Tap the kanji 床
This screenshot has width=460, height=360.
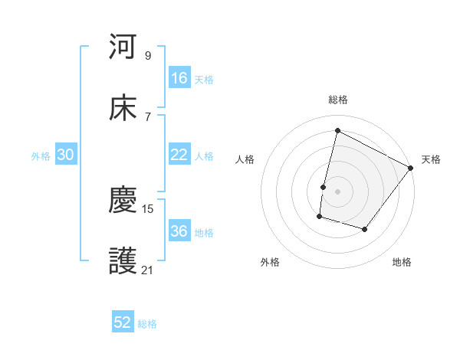[x=123, y=108]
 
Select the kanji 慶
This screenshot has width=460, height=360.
[x=123, y=201]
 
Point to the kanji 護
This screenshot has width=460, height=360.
[x=123, y=263]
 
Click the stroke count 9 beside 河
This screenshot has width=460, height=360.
[x=148, y=55]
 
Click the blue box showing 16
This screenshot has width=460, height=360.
[x=179, y=78]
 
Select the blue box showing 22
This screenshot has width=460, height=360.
[x=179, y=155]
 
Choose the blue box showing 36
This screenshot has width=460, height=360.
[x=179, y=231]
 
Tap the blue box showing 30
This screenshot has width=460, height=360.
[x=66, y=155]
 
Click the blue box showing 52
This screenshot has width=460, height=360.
[x=123, y=322]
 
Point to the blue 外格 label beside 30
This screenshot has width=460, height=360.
[x=41, y=156]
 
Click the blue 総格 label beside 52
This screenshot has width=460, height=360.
[x=148, y=324]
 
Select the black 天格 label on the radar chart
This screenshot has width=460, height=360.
[x=432, y=159]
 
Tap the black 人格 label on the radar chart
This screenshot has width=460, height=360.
[x=245, y=159]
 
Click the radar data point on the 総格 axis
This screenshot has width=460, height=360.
[x=337, y=131]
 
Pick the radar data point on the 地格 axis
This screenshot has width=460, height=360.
[x=365, y=229]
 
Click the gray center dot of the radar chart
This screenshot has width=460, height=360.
[x=337, y=191]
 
